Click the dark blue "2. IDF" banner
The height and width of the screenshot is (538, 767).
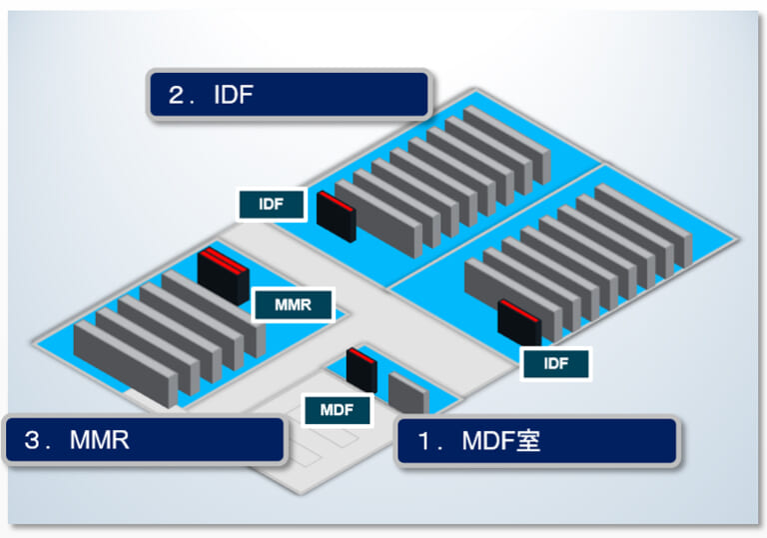click(x=290, y=94)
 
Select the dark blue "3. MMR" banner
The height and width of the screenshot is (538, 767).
click(x=144, y=440)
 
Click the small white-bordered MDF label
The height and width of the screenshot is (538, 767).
click(x=337, y=409)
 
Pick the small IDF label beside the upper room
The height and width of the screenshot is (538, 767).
click(x=271, y=204)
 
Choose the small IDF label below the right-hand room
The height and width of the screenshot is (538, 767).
click(x=556, y=363)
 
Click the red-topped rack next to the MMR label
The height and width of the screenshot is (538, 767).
click(x=223, y=274)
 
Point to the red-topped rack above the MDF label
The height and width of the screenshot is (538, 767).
click(x=361, y=369)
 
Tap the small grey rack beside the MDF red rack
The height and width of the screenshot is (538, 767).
click(x=407, y=392)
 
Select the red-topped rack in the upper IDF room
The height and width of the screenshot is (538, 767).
click(x=336, y=216)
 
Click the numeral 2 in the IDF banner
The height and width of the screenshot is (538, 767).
click(x=179, y=95)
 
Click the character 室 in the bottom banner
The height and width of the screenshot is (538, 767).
click(x=527, y=441)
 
